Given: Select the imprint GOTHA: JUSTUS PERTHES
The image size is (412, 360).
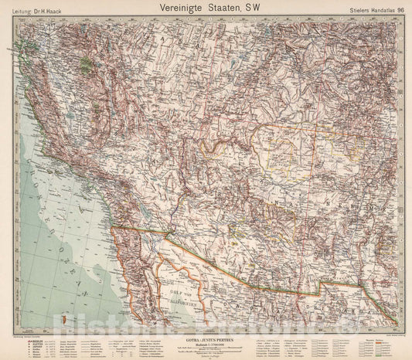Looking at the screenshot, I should (206, 328).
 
